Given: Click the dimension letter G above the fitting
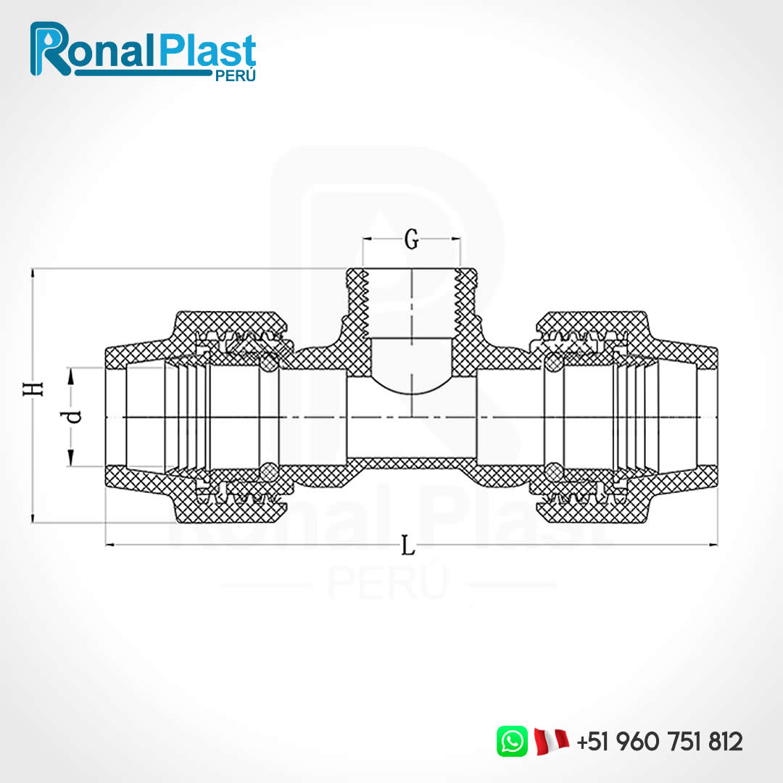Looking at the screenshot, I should [411, 240].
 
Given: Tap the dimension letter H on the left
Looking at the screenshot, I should [33, 389].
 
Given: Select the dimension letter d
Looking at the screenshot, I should [72, 417].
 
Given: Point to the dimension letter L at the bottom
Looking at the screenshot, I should [409, 546].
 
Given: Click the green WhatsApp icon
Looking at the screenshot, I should [512, 741].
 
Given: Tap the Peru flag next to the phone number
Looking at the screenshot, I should [551, 741].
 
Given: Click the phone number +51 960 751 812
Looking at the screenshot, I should [660, 742].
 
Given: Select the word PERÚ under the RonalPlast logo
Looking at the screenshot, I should [237, 76].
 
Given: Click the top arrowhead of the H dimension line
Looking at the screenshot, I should [33, 274].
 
